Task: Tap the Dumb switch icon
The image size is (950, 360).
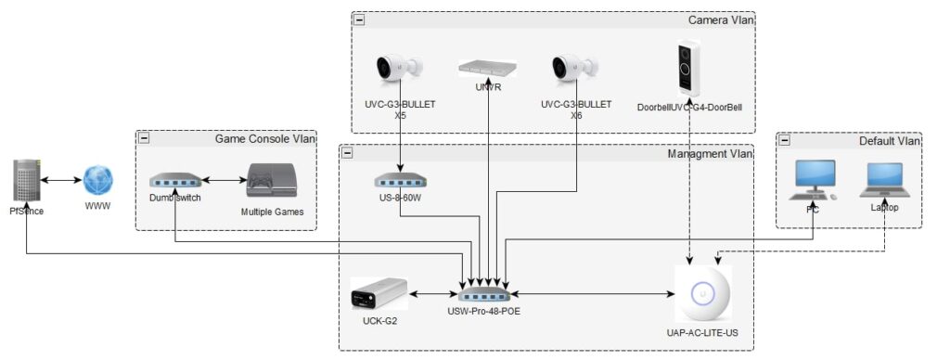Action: (x=173, y=179)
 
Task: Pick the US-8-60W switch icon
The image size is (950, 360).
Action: (x=400, y=179)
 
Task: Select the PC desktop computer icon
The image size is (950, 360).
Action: (x=812, y=179)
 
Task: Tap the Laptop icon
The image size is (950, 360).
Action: (x=884, y=179)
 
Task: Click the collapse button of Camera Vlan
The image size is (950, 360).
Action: (x=359, y=19)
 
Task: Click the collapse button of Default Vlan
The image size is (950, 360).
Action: (x=784, y=140)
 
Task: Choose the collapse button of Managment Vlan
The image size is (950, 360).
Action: (x=346, y=151)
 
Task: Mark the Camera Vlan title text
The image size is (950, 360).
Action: (x=719, y=19)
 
